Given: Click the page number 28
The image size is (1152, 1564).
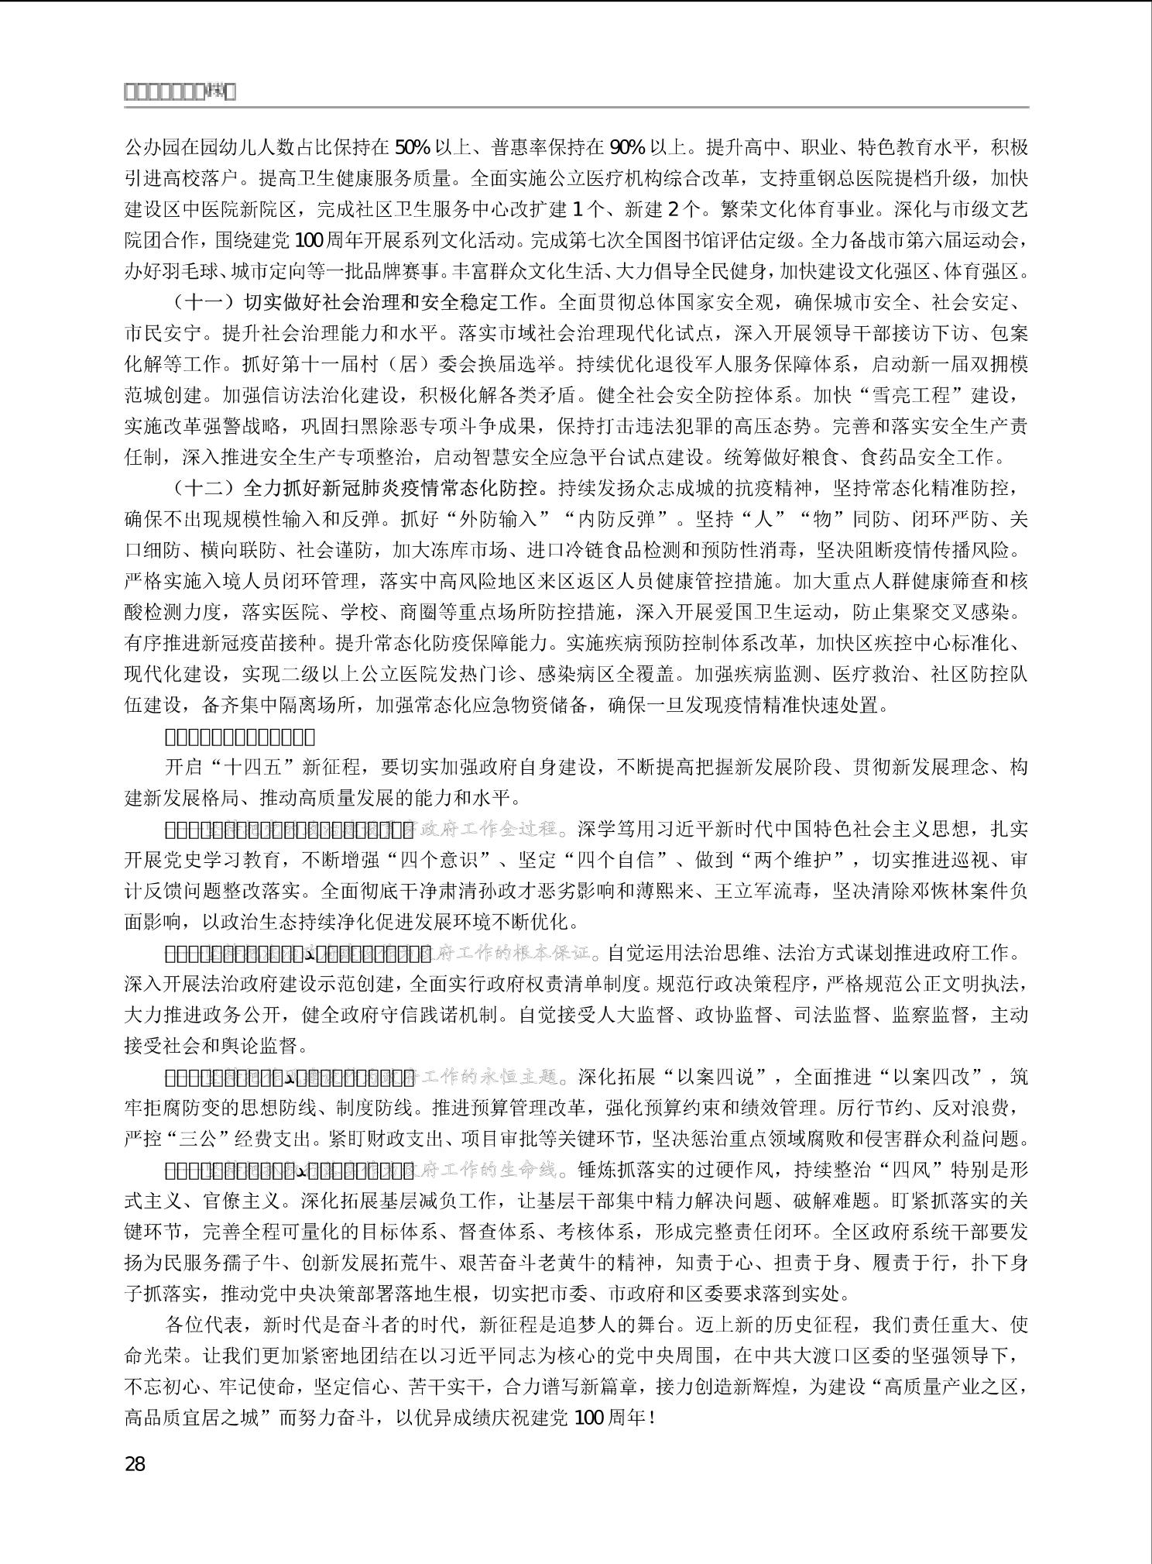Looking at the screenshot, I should click(x=135, y=1464).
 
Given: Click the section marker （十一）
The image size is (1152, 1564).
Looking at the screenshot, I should click(x=200, y=302).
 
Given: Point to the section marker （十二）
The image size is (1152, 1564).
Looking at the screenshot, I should click(x=200, y=488).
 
